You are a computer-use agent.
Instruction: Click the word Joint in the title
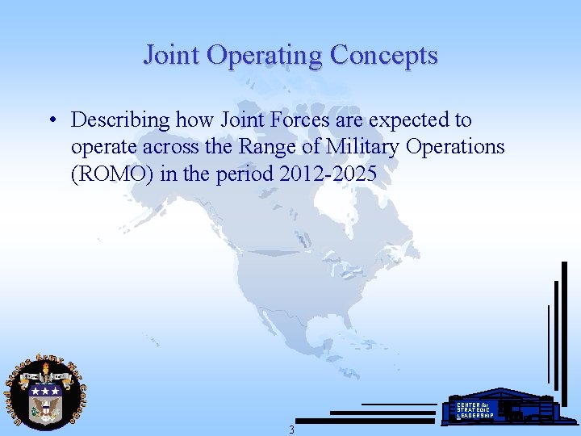171,55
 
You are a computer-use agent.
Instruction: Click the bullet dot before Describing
51,121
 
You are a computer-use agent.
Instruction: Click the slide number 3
291,430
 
